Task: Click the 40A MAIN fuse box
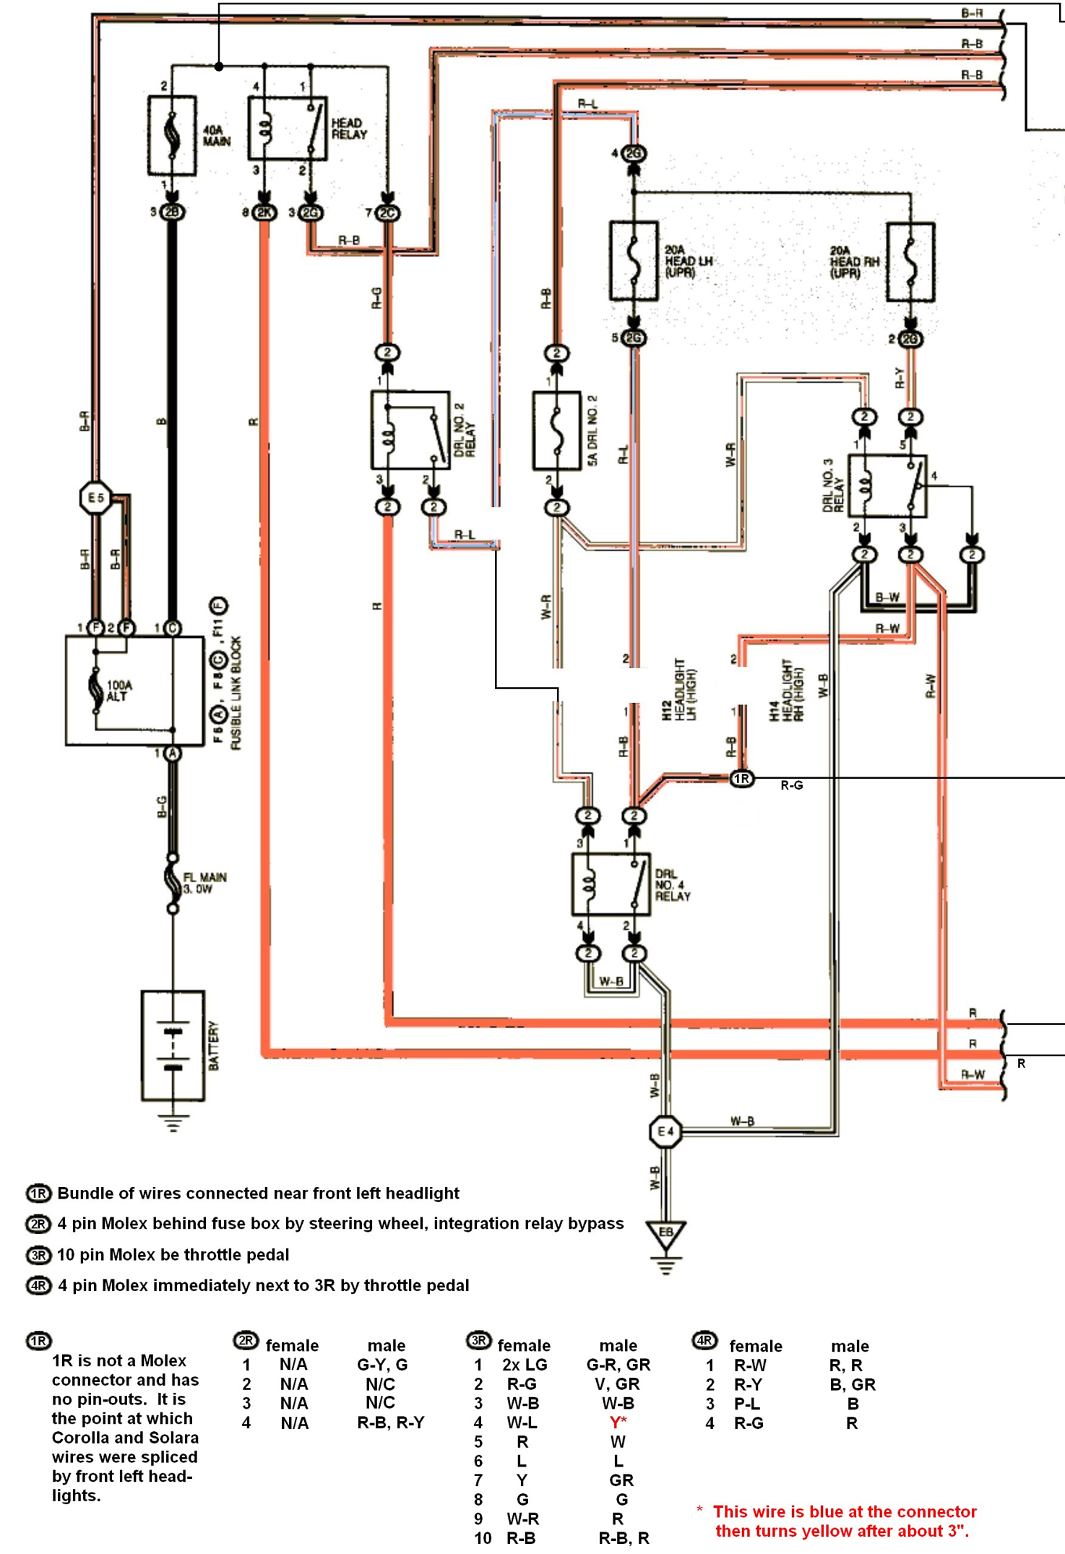click(x=172, y=135)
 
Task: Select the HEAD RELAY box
click(x=288, y=129)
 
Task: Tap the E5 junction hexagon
click(x=95, y=497)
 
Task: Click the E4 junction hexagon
click(x=665, y=1131)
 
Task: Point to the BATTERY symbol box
click(x=173, y=1045)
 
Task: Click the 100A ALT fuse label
click(x=118, y=691)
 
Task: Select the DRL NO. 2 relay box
click(x=410, y=431)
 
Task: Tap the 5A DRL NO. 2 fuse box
click(x=556, y=431)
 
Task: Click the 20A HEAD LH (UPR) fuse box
click(x=634, y=261)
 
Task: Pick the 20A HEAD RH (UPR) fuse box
click(x=910, y=262)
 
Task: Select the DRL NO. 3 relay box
click(x=887, y=485)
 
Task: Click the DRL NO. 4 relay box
click(x=611, y=884)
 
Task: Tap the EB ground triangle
click(x=665, y=1235)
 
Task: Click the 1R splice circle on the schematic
click(x=742, y=778)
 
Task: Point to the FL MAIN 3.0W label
click(x=204, y=883)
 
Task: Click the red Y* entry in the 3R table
click(x=618, y=1423)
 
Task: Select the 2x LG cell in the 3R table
click(x=525, y=1365)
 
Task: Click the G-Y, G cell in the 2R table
click(x=382, y=1365)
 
